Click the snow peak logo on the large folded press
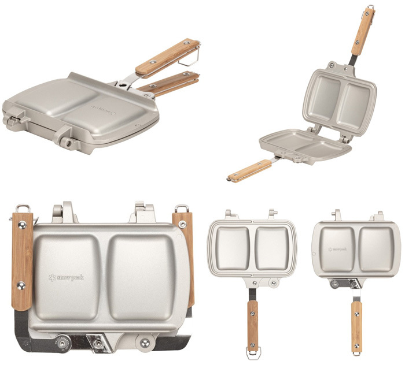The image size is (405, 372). tap(66, 278)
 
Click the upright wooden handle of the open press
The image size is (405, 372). tap(363, 31)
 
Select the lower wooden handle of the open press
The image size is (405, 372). tap(249, 171)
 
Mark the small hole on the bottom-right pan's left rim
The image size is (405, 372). tap(313, 252)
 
